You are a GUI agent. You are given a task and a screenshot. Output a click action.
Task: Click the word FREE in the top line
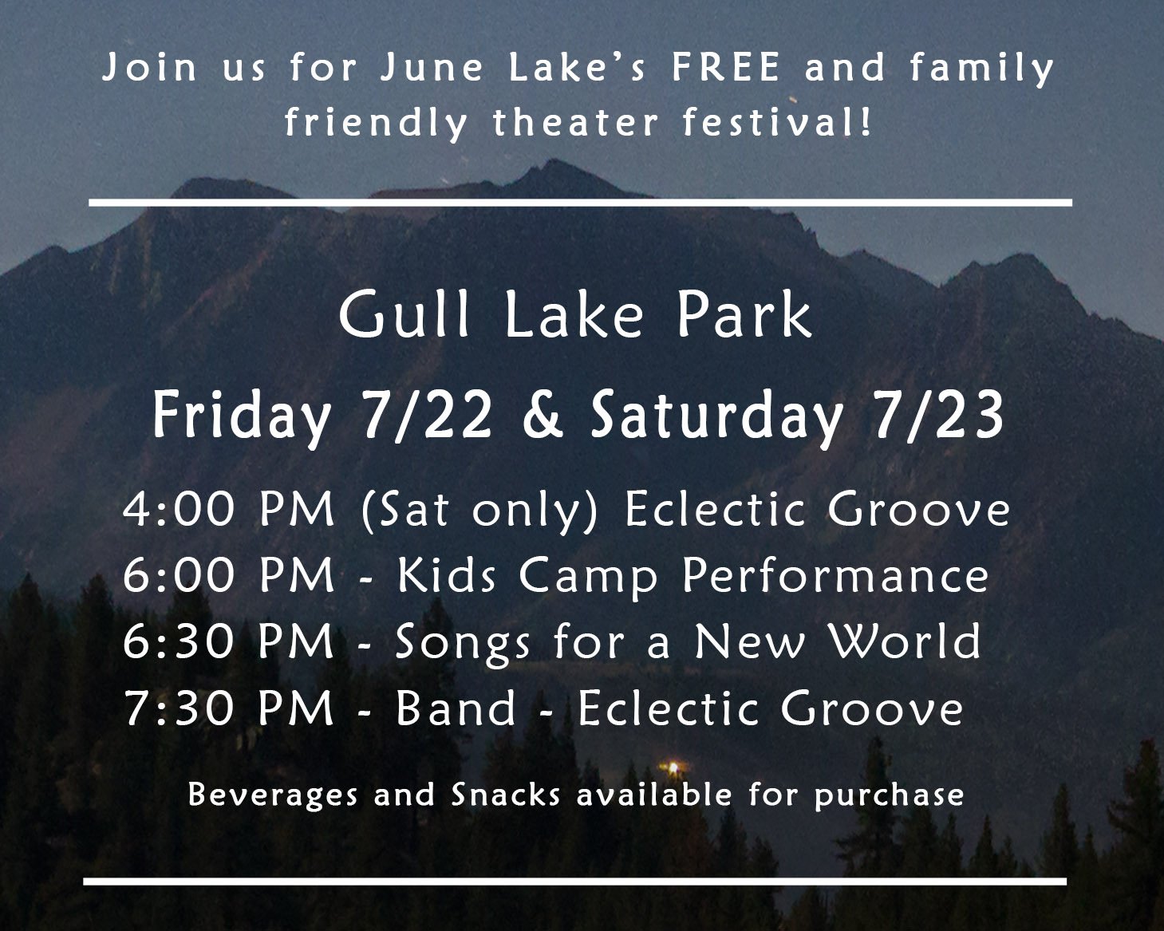click(x=726, y=67)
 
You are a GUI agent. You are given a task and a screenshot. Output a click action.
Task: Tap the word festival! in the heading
click(x=777, y=122)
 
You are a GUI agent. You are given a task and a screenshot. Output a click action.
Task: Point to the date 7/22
click(x=427, y=416)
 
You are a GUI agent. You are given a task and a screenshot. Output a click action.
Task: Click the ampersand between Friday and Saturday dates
click(x=543, y=416)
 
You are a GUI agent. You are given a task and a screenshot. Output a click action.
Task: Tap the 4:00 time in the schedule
click(x=179, y=509)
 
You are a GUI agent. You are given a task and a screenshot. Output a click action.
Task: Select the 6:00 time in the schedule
click(x=179, y=575)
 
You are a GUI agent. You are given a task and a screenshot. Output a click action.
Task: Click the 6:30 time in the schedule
click(x=179, y=641)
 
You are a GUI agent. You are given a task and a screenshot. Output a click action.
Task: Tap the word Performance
click(x=835, y=576)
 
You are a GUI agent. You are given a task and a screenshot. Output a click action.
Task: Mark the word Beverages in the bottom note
click(x=273, y=795)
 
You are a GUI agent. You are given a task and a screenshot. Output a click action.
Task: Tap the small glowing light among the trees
click(x=673, y=767)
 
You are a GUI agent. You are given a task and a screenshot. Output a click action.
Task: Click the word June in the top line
click(x=431, y=67)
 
